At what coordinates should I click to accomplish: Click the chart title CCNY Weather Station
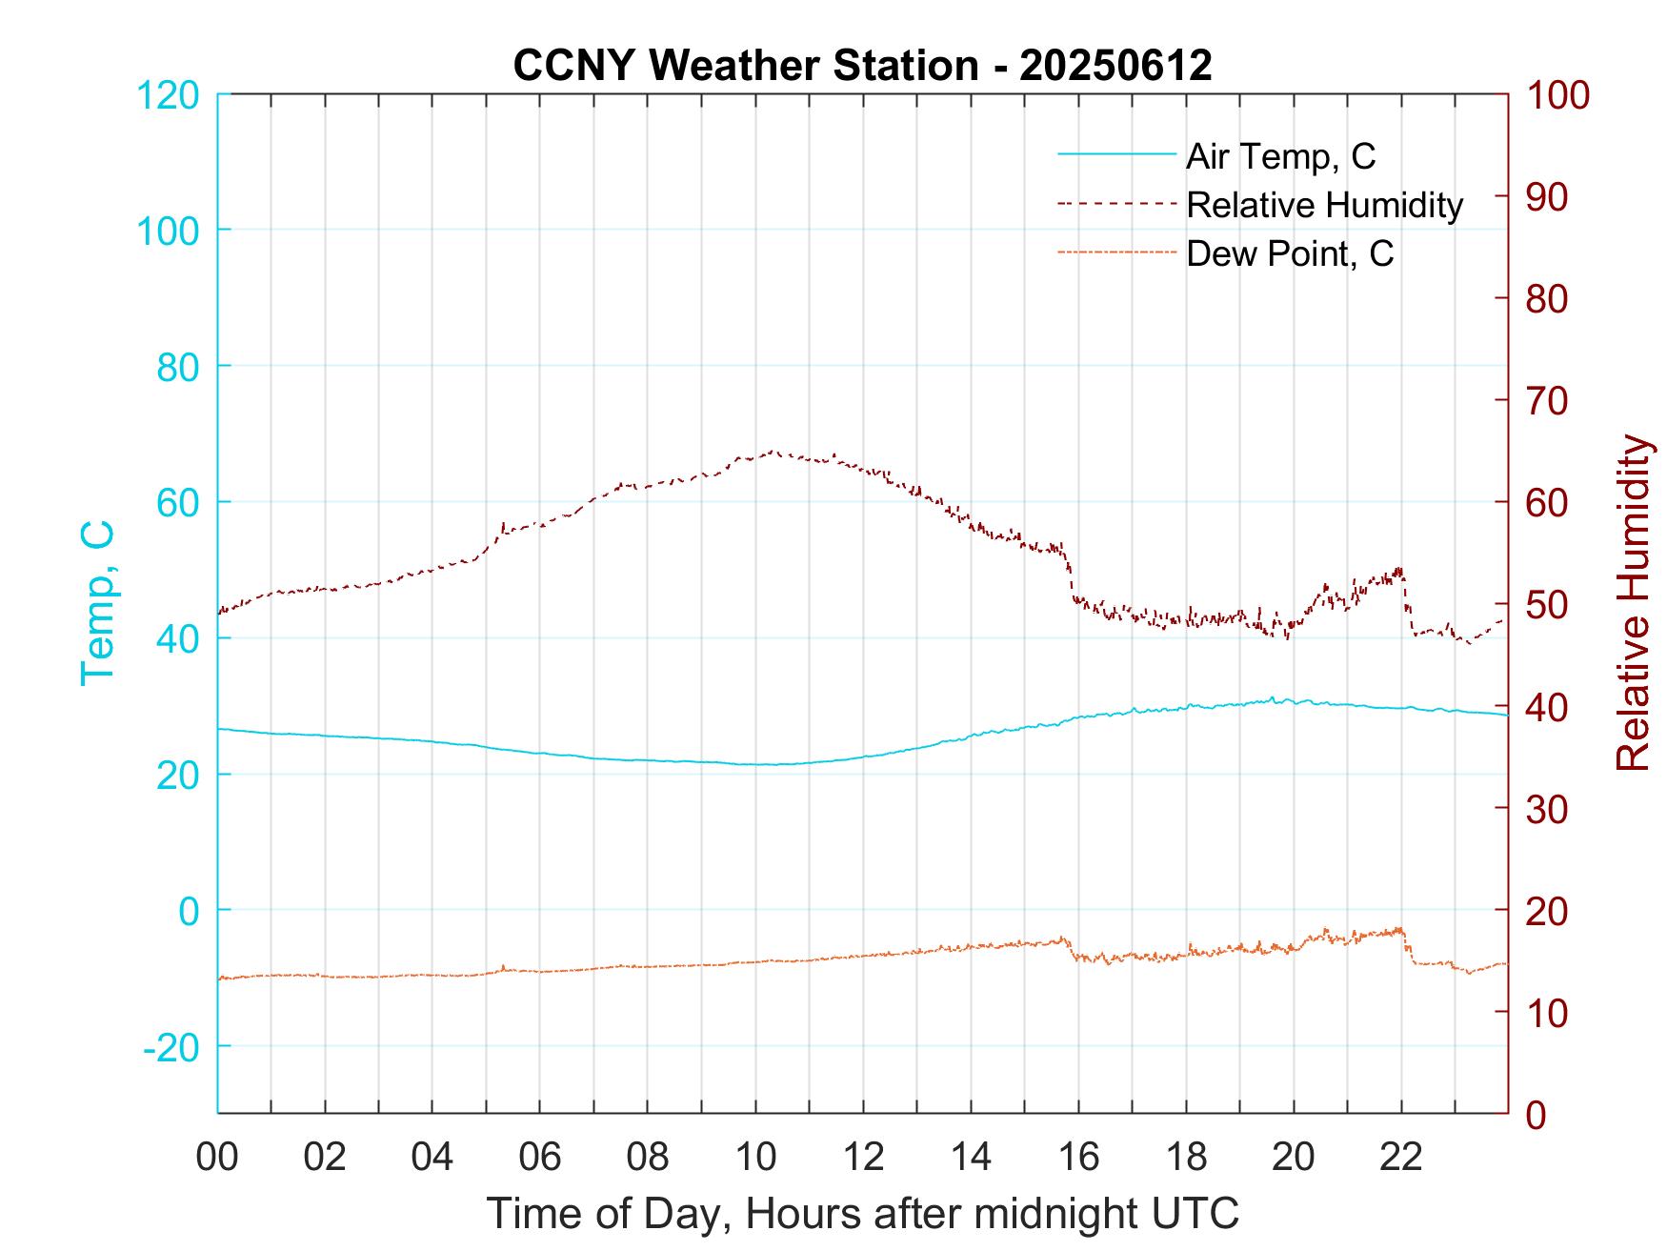point(745,66)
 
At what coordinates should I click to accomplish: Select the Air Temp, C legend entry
point(1279,155)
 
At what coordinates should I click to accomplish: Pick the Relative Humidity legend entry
point(1323,205)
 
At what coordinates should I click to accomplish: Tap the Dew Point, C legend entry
point(1289,254)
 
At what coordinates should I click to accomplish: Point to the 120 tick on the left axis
point(168,94)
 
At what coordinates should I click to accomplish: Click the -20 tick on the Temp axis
point(171,1047)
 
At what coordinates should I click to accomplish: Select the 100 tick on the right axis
point(1558,94)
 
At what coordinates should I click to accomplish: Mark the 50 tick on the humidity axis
point(1548,604)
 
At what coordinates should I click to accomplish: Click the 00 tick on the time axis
point(217,1158)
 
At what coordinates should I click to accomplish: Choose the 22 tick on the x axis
point(1401,1158)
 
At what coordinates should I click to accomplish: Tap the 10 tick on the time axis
point(755,1158)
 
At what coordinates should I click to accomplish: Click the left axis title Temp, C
point(97,603)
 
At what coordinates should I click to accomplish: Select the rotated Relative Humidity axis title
point(1633,603)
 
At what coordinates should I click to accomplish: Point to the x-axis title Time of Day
point(862,1214)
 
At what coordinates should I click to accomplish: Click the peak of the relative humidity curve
point(772,452)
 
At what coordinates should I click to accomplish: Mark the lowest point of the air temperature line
point(762,764)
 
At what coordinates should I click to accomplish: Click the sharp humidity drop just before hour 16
point(1068,572)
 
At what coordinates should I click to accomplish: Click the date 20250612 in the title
point(1115,66)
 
